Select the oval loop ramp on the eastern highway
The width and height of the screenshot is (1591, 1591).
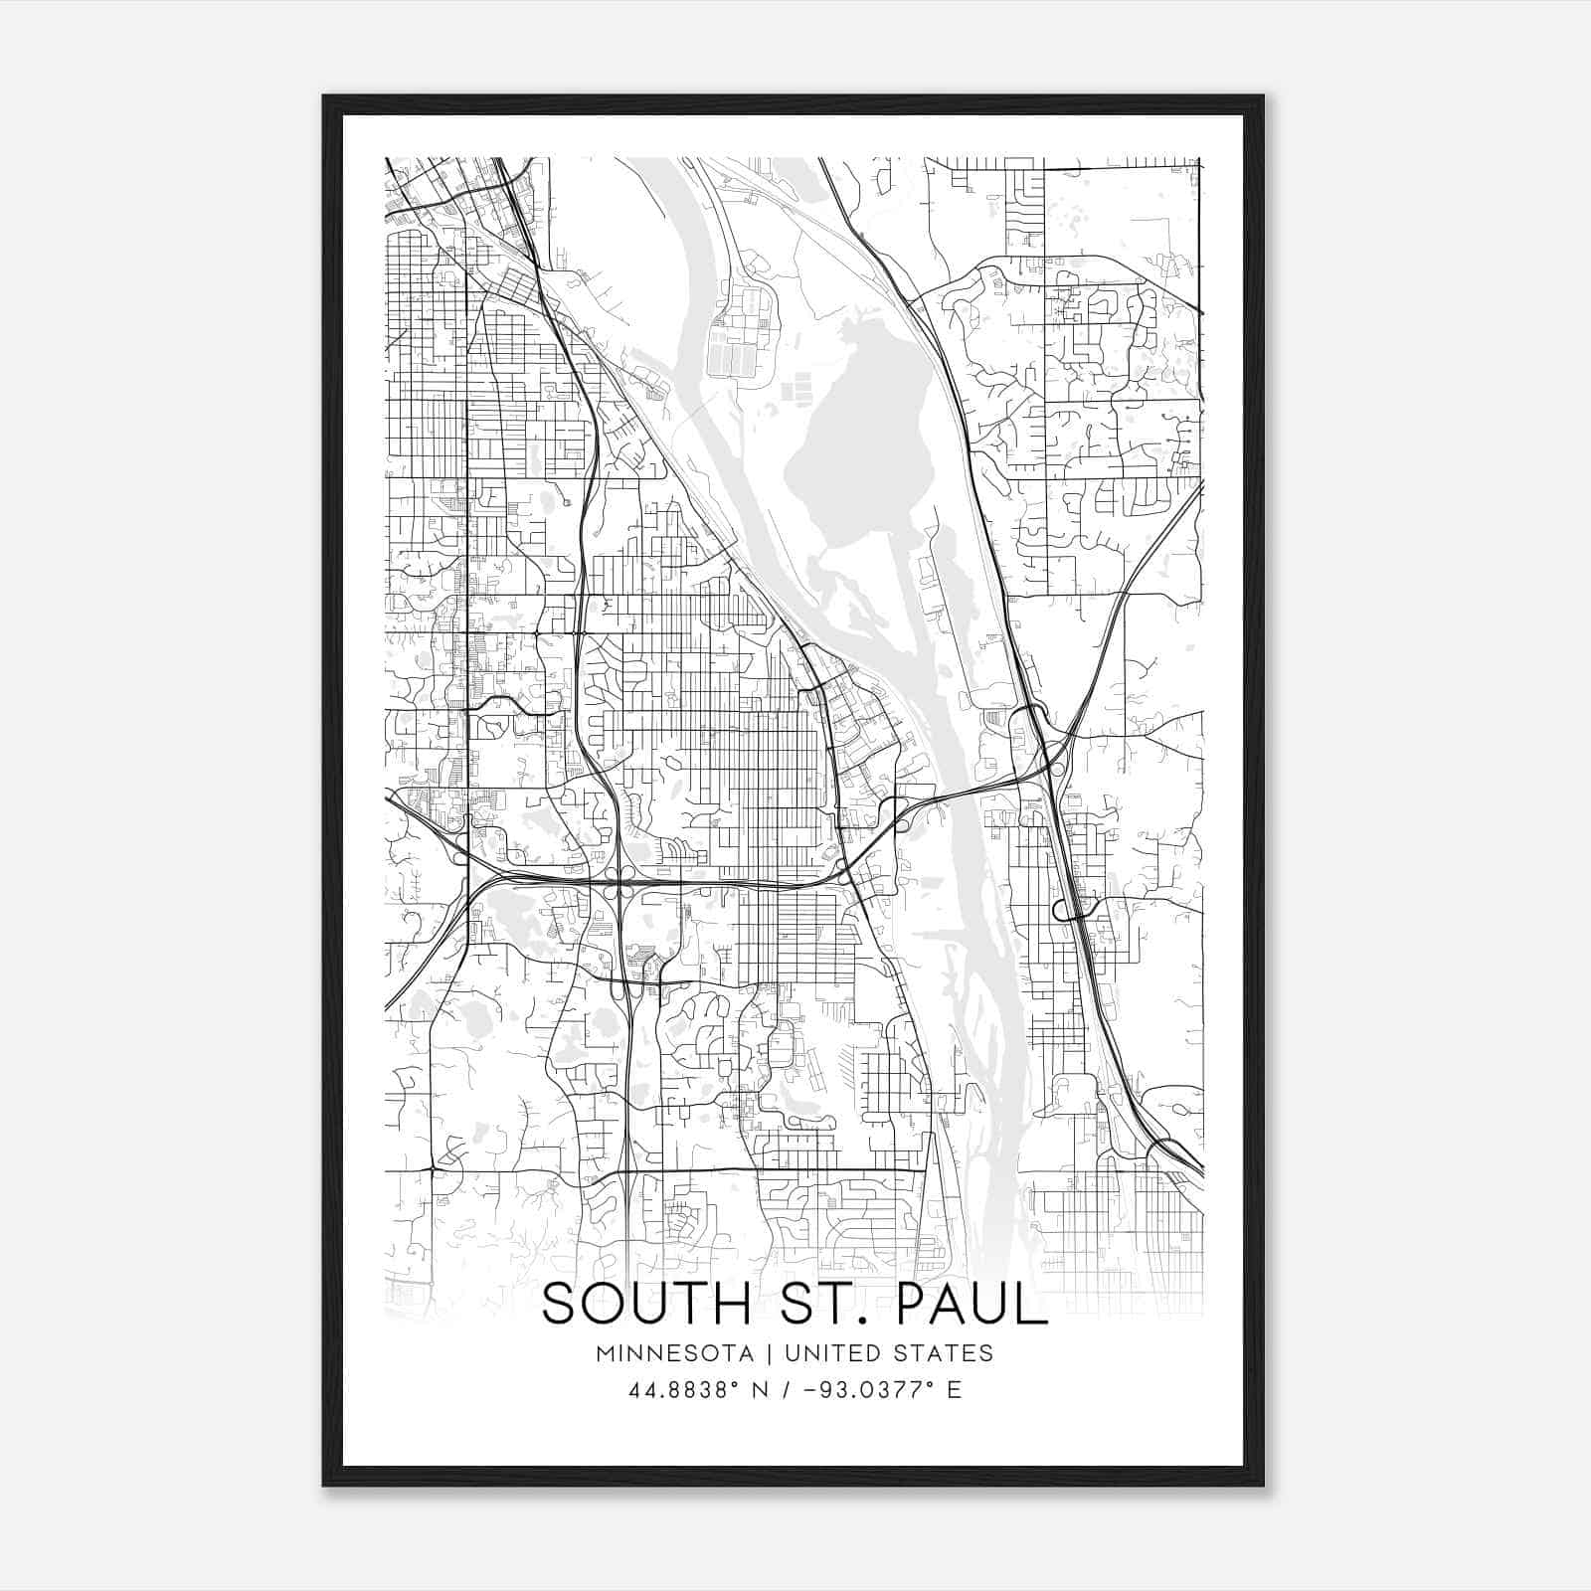[x=1069, y=908]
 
